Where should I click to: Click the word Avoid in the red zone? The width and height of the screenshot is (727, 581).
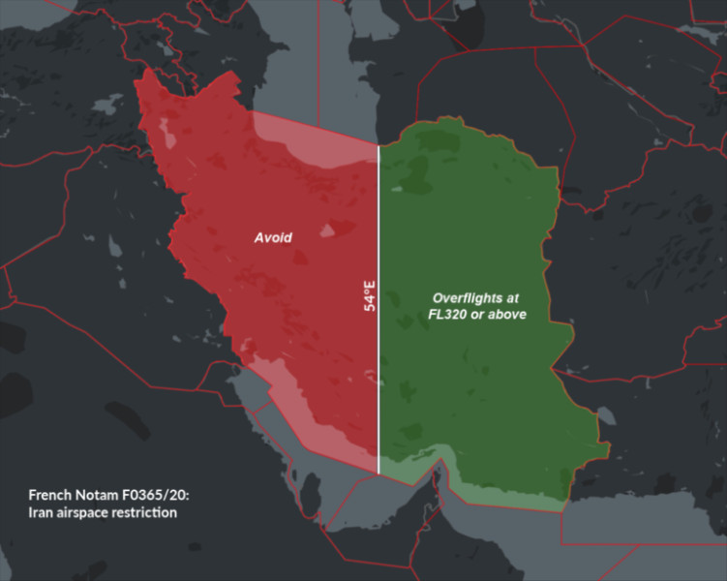point(273,236)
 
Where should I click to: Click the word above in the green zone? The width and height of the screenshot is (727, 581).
point(508,315)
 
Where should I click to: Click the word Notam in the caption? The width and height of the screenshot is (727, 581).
point(101,494)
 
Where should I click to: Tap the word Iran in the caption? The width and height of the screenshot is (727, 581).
point(42,511)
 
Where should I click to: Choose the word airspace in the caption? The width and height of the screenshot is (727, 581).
point(85,512)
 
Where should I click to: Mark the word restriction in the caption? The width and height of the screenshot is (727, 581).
point(146,511)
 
